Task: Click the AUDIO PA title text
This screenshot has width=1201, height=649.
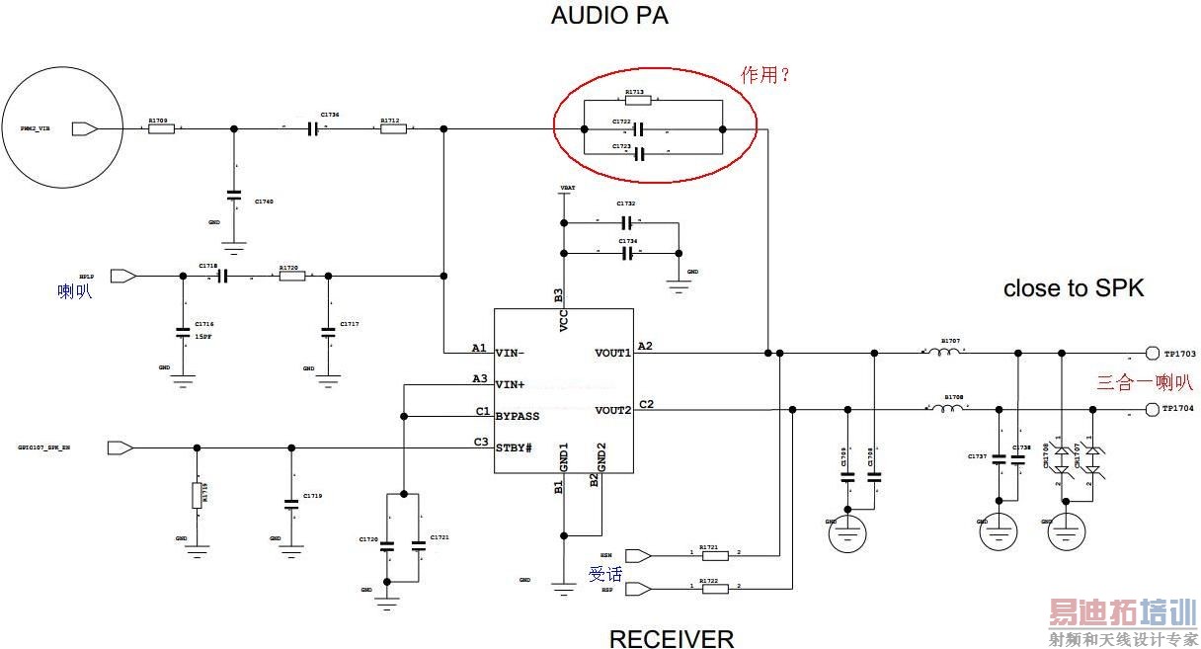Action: (x=609, y=16)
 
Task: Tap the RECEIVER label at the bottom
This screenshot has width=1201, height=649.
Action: (x=671, y=638)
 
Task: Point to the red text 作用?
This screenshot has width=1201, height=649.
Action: (x=765, y=74)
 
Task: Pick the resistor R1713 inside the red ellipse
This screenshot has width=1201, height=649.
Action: (x=638, y=100)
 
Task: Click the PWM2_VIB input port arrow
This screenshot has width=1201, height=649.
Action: (x=85, y=128)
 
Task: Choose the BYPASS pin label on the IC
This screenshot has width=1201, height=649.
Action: (x=518, y=416)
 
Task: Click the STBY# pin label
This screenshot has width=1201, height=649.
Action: (x=514, y=448)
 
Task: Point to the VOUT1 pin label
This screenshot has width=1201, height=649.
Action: (x=612, y=353)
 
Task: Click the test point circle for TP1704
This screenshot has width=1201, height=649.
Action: (x=1152, y=409)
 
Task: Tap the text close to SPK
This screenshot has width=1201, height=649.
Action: (x=1073, y=288)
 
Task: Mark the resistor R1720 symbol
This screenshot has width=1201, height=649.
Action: (x=291, y=277)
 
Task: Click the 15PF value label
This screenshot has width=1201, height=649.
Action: (x=203, y=338)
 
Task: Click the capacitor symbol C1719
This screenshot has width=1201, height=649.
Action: (x=290, y=504)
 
